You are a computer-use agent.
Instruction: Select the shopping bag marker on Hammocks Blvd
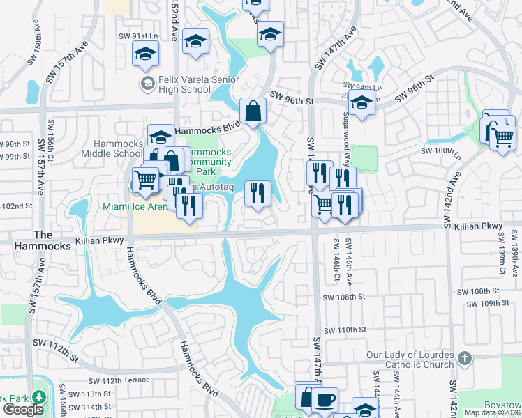tap(253, 111)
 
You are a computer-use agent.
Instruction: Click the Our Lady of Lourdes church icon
tap(464, 358)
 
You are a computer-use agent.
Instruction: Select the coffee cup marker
tap(325, 400)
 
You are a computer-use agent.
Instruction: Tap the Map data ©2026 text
tap(491, 412)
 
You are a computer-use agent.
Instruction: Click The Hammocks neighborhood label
tap(52, 240)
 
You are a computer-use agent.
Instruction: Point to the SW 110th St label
tap(345, 330)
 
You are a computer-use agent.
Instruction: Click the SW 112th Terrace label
tap(119, 380)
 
